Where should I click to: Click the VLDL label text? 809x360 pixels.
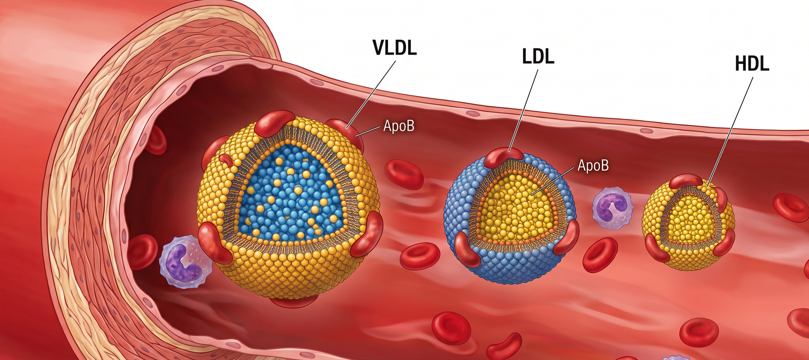pos(395,48)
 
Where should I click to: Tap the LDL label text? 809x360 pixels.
pos(538,56)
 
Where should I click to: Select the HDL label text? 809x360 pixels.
pos(752,64)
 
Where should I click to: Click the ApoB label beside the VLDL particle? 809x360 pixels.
pos(399,126)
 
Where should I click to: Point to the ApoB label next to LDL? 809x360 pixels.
pos(593,166)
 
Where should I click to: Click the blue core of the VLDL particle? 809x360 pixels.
pos(292,193)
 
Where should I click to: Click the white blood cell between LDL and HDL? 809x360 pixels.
pos(613,208)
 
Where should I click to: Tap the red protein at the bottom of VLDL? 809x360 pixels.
pos(294,301)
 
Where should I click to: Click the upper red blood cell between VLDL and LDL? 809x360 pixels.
pos(404,174)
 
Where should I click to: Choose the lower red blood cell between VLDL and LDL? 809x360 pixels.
pos(420,256)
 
